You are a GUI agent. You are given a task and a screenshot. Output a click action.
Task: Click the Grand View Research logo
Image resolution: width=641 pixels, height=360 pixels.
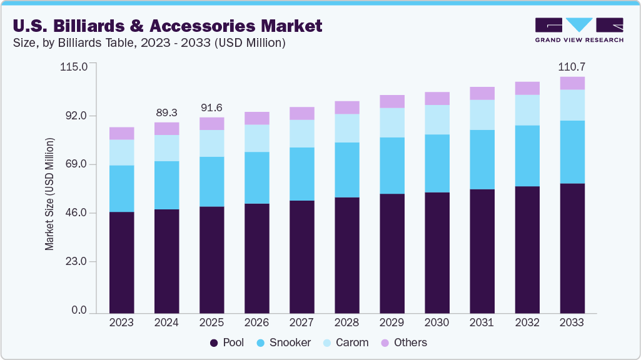coord(579,30)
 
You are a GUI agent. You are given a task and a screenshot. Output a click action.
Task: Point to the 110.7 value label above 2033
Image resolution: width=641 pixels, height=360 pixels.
coord(572,66)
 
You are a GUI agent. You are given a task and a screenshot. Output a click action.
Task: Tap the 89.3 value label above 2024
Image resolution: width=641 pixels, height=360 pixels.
coord(166,112)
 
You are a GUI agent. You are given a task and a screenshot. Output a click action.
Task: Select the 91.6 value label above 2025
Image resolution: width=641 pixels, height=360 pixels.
coord(211,107)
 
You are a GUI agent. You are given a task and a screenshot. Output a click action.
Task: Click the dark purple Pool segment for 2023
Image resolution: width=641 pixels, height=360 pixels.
coord(121,262)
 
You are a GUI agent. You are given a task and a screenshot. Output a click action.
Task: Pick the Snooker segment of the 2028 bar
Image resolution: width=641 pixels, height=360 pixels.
coord(346,170)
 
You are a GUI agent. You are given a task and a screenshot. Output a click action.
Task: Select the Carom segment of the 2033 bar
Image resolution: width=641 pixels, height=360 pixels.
coord(572,105)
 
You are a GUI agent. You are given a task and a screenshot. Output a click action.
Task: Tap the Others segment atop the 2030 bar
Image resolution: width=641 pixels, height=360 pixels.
coord(437,98)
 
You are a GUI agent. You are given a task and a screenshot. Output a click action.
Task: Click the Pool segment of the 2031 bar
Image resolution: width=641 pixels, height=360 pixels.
coord(482,251)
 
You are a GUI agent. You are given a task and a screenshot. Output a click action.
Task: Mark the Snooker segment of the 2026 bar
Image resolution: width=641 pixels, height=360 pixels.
coord(256,177)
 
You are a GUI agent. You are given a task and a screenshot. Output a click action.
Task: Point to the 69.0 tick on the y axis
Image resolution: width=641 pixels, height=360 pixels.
coord(75,164)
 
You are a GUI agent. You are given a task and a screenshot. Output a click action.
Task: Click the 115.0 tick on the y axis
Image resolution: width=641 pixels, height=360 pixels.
coord(74,67)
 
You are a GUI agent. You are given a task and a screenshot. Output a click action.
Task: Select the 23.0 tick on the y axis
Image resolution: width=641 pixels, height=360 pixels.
coord(75,262)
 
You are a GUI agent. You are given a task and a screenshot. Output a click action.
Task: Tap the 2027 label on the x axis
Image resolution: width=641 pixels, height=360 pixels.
coord(301,322)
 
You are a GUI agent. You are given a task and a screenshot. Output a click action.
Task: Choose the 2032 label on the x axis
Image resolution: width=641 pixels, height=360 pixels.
coord(527,322)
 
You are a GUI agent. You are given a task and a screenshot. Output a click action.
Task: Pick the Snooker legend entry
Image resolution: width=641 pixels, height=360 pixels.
coord(285,342)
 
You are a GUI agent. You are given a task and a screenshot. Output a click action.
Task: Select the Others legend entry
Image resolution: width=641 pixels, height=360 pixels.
coord(403,342)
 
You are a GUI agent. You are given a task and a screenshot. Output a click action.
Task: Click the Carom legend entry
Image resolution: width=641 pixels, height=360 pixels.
coord(345,342)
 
